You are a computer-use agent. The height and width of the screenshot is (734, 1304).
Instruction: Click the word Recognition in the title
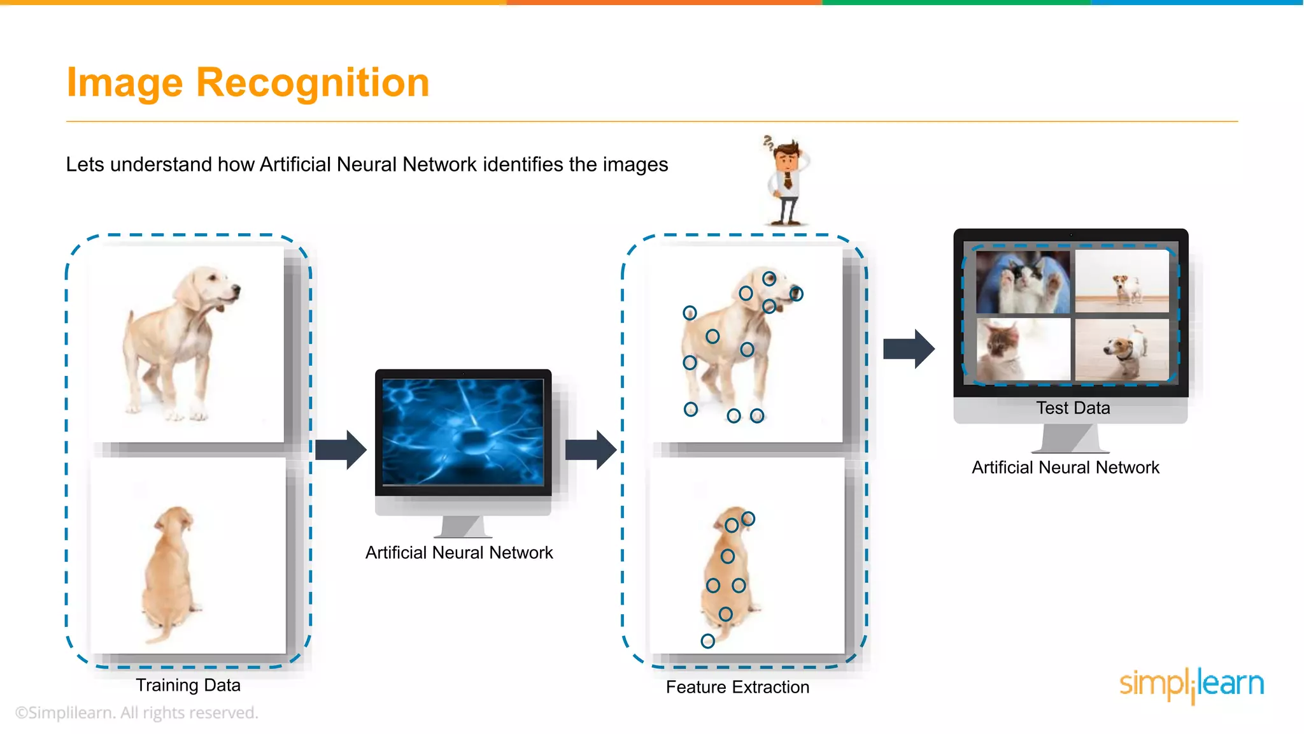[x=313, y=83]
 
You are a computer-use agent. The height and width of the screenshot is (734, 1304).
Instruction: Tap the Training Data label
[x=188, y=685]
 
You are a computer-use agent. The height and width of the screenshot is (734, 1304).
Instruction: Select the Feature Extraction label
[x=737, y=687]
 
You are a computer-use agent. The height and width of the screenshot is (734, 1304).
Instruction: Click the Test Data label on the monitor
[x=1073, y=408]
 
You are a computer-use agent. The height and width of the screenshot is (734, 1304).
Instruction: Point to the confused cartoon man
[x=787, y=182]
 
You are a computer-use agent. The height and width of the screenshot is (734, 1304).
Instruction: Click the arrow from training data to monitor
[x=341, y=450]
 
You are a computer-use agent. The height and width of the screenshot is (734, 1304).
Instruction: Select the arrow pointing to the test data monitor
[x=909, y=349]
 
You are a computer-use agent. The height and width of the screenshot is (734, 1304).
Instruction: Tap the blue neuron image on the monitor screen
[x=463, y=432]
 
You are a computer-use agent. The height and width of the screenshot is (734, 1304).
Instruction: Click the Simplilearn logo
[x=1191, y=684]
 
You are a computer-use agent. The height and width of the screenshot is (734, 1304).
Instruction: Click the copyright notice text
[x=137, y=712]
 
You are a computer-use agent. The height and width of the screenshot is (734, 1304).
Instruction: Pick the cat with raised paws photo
[x=1023, y=282]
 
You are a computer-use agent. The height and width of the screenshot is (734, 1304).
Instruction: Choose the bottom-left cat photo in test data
[x=1023, y=349]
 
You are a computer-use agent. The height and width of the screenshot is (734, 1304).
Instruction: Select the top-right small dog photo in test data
[x=1122, y=282]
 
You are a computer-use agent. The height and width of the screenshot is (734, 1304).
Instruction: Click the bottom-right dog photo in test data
[x=1122, y=349]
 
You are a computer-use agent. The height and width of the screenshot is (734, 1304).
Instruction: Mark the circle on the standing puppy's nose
[x=796, y=294]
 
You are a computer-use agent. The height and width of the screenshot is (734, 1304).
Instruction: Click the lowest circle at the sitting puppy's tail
[x=707, y=641]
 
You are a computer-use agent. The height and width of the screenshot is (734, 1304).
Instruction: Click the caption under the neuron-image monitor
[x=459, y=552]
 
